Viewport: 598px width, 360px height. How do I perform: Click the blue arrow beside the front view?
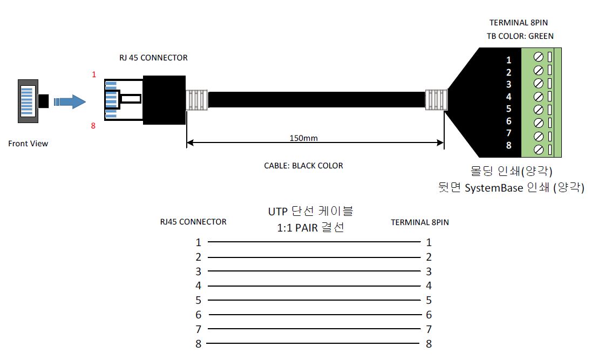pyautogui.click(x=70, y=102)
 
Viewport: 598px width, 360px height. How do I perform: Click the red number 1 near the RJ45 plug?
pyautogui.click(x=94, y=74)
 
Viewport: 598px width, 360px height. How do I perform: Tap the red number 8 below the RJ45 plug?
pyautogui.click(x=93, y=126)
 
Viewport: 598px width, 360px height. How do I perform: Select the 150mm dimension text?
pyautogui.click(x=303, y=138)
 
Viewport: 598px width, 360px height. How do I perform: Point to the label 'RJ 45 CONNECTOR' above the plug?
pyautogui.click(x=153, y=58)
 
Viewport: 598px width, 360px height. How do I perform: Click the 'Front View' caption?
pyautogui.click(x=28, y=144)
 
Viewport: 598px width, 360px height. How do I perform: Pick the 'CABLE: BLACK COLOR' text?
pyautogui.click(x=303, y=166)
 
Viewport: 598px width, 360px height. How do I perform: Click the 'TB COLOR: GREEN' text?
pyautogui.click(x=520, y=36)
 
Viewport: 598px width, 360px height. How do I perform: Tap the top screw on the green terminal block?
pyautogui.click(x=539, y=57)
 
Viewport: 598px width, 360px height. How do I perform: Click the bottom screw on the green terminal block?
pyautogui.click(x=539, y=150)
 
